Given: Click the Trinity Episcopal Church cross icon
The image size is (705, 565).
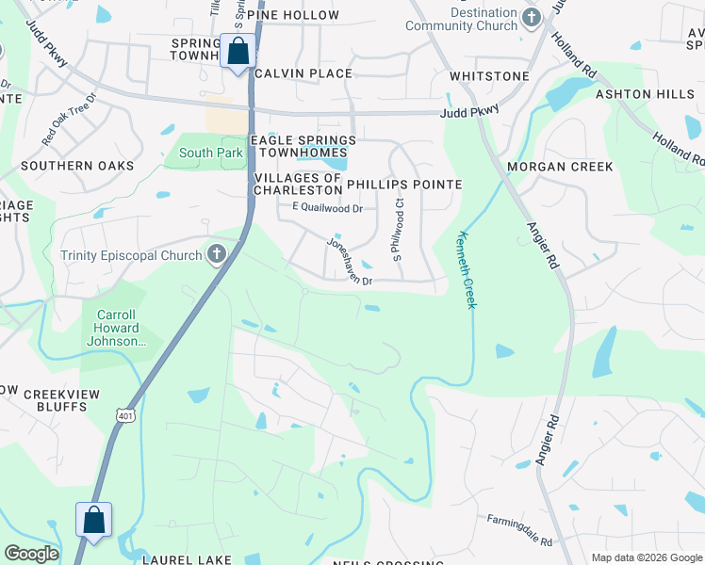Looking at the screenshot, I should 216,254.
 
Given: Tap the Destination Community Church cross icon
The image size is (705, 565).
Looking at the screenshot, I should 532,18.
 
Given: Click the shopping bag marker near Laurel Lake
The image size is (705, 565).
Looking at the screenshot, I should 94,520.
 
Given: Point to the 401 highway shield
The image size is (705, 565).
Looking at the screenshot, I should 125,414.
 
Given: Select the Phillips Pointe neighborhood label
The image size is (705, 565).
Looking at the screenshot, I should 404,185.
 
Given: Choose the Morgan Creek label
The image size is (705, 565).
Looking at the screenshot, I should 560,167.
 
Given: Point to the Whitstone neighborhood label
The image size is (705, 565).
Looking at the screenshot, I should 489,75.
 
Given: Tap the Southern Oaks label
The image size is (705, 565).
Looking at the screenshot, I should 64,166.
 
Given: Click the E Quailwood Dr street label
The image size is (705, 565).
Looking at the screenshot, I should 327,208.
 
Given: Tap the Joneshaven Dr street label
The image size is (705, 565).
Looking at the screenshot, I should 349,261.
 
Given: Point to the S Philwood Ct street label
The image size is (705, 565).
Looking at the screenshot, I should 398,229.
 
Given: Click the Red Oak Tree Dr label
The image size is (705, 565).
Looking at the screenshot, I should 70,118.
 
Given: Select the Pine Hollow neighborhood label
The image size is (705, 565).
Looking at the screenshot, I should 300,15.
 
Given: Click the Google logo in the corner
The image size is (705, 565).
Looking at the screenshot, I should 31,554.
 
